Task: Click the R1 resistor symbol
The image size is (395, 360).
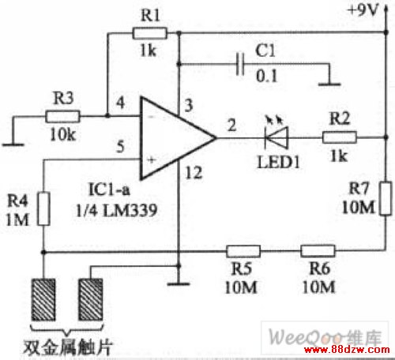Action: point(149,33)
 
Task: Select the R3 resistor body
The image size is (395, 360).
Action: point(62,116)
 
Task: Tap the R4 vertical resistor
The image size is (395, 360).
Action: point(44,209)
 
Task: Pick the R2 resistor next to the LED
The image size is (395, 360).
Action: point(340,137)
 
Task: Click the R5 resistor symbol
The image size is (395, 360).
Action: point(243,251)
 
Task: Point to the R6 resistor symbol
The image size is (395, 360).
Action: point(318,250)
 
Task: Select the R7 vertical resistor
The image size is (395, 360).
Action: point(386,198)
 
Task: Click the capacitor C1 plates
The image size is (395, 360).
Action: point(240,64)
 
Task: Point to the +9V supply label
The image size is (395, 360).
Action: point(363,10)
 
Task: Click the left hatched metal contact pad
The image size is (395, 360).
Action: point(43,299)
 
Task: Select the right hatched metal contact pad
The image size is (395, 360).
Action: point(91,299)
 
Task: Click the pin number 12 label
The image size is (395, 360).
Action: point(194,173)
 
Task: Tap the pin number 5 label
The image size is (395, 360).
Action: point(120,147)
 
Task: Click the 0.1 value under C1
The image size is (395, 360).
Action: point(266,76)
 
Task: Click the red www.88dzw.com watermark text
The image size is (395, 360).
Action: point(347,350)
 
